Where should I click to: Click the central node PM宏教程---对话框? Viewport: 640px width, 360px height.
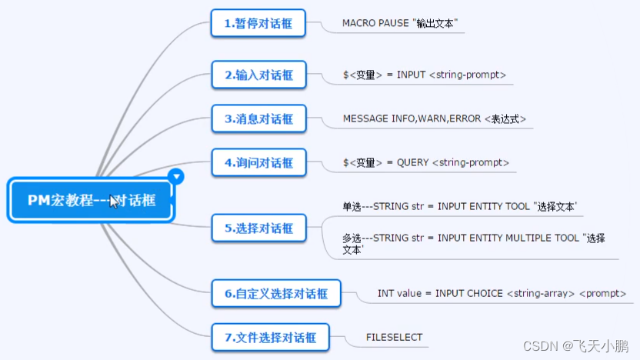[92, 201]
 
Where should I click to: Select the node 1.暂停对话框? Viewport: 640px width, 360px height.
[258, 23]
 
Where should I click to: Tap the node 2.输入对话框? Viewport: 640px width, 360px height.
[258, 75]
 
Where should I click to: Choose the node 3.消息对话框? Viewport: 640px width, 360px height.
[258, 118]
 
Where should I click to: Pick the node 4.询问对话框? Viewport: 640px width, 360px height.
[258, 162]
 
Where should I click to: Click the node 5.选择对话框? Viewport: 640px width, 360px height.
[258, 228]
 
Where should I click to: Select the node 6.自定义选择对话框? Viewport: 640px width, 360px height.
[276, 293]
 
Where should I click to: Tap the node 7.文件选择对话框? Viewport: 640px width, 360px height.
[270, 337]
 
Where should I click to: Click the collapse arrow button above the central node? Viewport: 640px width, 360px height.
[177, 177]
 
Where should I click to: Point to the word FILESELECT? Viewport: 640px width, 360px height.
[394, 337]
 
